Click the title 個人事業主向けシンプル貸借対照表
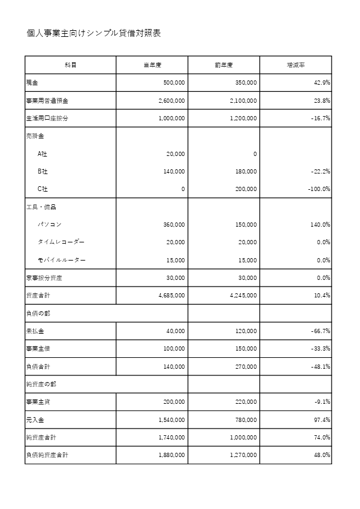[x=94, y=33]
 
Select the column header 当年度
[x=152, y=65]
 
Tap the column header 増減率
[x=295, y=65]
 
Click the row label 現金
[x=32, y=83]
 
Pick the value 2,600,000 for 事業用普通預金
[x=171, y=101]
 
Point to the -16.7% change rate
[x=319, y=118]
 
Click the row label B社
[x=43, y=172]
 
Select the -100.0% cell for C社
[x=318, y=189]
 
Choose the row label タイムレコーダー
[x=61, y=242]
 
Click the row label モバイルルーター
[x=61, y=261]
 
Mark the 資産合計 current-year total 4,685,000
[x=171, y=296]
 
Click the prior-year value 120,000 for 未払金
[x=246, y=331]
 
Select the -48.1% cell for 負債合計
[x=319, y=366]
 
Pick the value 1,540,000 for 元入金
[x=171, y=420]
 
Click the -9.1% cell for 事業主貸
[x=321, y=402]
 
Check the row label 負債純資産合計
[x=47, y=455]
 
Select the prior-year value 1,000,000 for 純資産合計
[x=243, y=437]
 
